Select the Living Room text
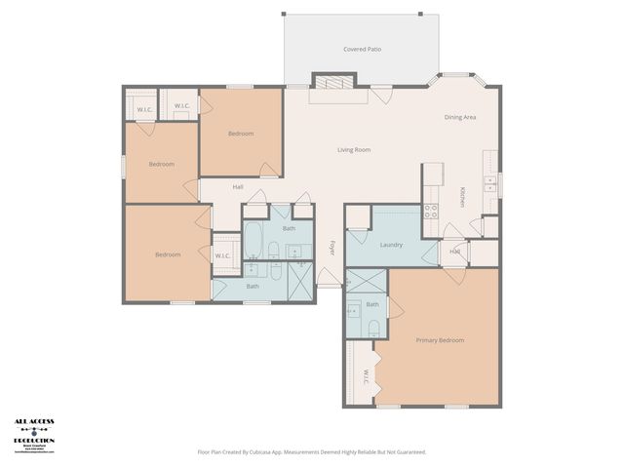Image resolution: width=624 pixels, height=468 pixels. coord(354,149)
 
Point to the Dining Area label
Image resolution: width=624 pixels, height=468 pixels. coord(460,117)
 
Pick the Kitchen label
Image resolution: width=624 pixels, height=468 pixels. coord(463,196)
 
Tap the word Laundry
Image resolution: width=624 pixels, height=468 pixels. coord(391,245)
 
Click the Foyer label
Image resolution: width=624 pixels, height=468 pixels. coord(331,247)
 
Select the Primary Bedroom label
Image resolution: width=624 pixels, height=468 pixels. coord(440,340)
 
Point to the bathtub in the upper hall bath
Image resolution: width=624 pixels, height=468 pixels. coord(253,238)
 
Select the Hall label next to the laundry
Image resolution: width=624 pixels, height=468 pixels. coord(455,252)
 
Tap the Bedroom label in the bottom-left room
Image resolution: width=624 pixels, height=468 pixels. coord(168,254)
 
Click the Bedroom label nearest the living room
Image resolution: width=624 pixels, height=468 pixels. coord(241,134)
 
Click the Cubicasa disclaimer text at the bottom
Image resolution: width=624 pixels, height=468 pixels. coord(311,451)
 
